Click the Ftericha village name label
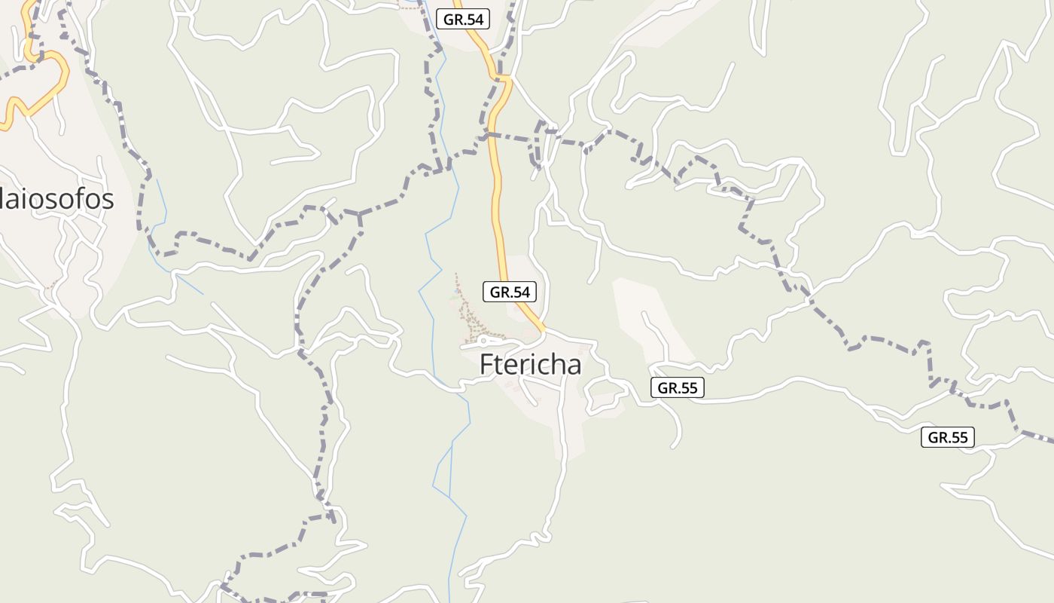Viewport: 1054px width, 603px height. [531, 365]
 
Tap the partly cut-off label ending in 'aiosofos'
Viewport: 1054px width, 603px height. [56, 199]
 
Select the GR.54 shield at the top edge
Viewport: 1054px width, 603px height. [463, 20]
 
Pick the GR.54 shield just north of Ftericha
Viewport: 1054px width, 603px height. [510, 292]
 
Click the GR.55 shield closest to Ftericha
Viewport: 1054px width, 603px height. [678, 388]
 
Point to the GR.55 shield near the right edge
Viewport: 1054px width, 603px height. [948, 437]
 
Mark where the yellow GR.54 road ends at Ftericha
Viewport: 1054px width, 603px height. [544, 331]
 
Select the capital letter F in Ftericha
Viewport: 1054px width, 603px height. [487, 365]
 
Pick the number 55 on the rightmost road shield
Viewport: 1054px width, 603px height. [958, 437]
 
